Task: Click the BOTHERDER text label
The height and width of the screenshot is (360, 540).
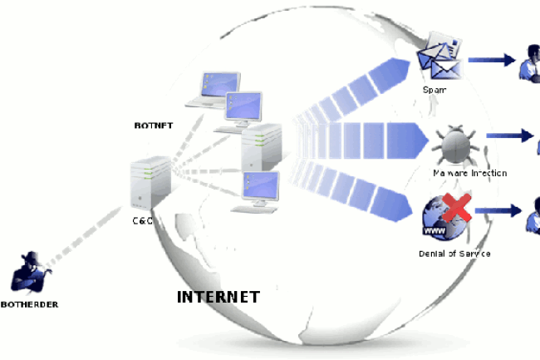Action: tap(30, 304)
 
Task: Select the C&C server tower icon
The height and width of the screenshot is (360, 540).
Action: tap(150, 185)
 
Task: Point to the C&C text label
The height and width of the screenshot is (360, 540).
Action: tap(143, 221)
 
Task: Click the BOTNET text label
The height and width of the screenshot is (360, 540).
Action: tap(153, 126)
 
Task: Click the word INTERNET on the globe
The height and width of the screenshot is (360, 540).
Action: tap(218, 297)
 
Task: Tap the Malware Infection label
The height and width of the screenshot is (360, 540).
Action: tap(469, 173)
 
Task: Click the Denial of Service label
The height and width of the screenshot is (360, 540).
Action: tap(454, 252)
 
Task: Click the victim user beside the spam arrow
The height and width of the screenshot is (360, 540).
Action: tap(530, 62)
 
